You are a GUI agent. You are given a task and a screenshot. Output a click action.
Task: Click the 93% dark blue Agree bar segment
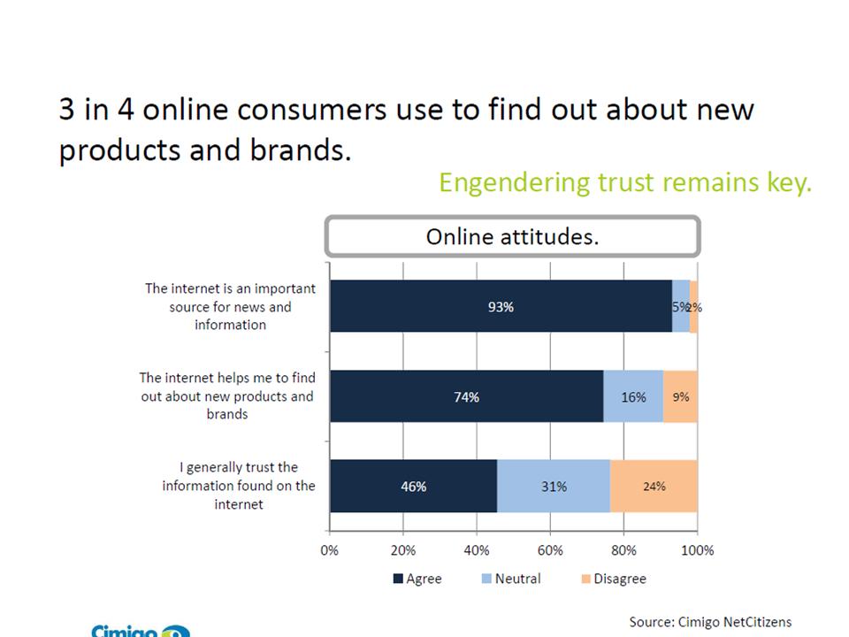click(x=501, y=307)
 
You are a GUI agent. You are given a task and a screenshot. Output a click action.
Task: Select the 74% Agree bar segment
click(x=466, y=397)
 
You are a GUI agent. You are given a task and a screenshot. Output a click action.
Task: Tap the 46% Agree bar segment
click(x=413, y=487)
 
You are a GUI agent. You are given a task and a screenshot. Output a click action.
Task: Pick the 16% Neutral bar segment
click(x=633, y=397)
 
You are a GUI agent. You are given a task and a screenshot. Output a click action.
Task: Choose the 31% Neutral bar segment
click(x=554, y=487)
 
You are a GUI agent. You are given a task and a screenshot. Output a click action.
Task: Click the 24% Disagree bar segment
click(x=654, y=487)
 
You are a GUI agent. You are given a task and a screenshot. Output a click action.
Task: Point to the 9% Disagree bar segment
click(x=680, y=397)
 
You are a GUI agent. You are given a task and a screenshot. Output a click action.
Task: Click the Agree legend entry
click(x=417, y=579)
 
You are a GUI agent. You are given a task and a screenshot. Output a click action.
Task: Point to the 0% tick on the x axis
click(x=329, y=549)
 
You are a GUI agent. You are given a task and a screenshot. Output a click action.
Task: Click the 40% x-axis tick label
click(x=477, y=549)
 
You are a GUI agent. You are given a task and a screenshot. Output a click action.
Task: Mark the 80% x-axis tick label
click(x=623, y=549)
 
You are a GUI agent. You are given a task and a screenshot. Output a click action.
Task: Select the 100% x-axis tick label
click(x=697, y=549)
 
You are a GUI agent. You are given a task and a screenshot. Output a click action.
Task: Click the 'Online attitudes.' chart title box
click(x=512, y=237)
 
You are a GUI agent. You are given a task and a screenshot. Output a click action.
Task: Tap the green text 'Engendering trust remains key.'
click(x=624, y=183)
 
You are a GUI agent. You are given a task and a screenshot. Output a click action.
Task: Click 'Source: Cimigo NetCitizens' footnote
click(x=710, y=622)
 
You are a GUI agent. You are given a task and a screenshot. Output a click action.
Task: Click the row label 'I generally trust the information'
click(x=239, y=486)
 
